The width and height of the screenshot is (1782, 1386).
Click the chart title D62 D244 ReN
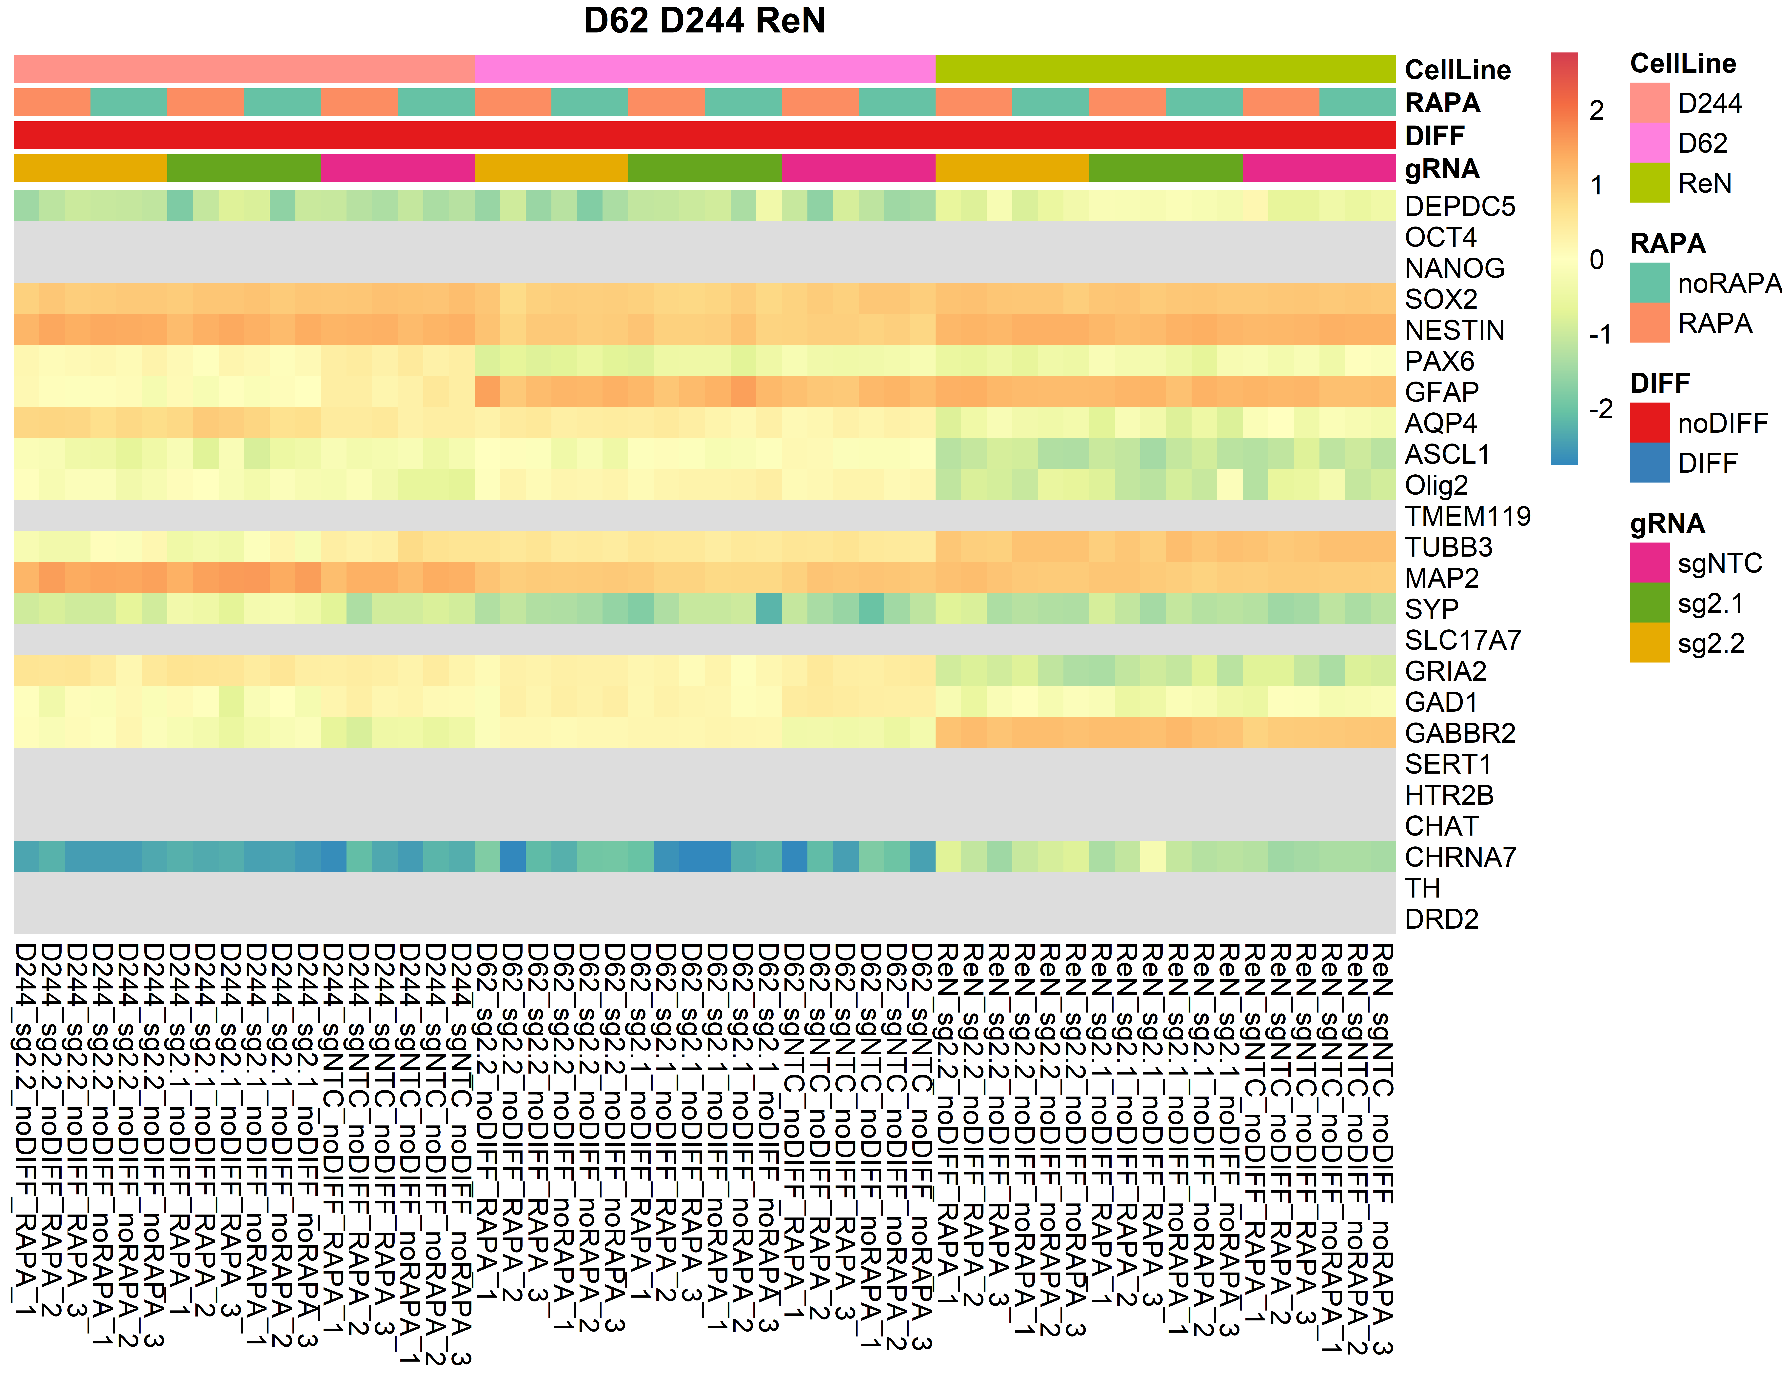704,20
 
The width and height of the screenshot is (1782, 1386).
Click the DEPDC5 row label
1460,206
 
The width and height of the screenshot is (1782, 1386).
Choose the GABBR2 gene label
1460,733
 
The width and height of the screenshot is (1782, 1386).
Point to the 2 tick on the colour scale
1597,110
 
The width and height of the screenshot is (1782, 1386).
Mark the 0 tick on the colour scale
1597,259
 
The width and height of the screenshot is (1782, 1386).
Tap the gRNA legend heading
1667,523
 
